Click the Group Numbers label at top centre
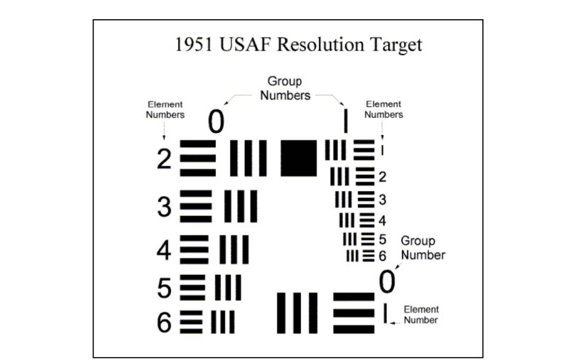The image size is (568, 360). click(285, 89)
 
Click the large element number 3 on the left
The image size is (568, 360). click(165, 207)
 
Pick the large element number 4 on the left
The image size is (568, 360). click(164, 250)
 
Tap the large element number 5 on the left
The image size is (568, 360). click(164, 288)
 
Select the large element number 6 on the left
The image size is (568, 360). click(164, 322)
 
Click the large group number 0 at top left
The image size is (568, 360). click(216, 123)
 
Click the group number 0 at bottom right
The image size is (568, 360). click(386, 282)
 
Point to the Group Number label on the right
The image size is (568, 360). click(422, 248)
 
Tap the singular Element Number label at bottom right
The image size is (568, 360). click(421, 315)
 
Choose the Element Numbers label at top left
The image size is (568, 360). click(165, 109)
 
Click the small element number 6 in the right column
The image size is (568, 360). click(382, 256)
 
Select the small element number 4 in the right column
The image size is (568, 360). click(382, 221)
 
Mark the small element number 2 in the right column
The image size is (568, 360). click(382, 177)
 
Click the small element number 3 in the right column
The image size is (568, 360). click(382, 200)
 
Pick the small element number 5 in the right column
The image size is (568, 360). click(382, 239)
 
